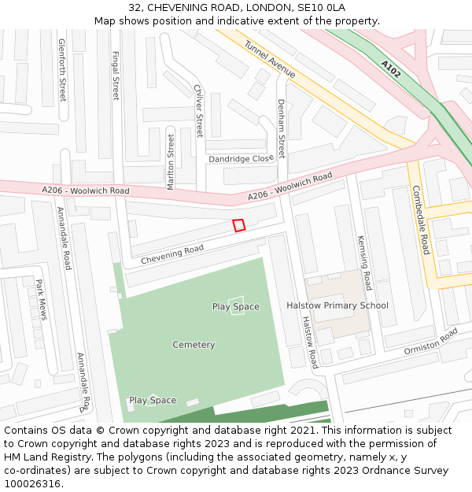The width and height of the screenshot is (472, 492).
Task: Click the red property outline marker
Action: click(239, 225)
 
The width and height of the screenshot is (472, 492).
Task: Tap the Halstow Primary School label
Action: click(337, 305)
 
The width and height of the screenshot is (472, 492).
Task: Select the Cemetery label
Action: click(194, 345)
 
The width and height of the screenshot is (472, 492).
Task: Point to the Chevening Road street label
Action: click(172, 254)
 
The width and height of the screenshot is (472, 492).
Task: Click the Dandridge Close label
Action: click(241, 159)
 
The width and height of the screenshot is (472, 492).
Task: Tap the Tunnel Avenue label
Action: click(270, 59)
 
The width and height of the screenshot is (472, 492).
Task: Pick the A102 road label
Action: click(391, 69)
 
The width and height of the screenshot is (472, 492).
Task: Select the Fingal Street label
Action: click(116, 76)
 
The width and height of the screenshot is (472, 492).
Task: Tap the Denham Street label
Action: click(281, 128)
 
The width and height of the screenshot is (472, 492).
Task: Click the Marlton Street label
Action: click(171, 161)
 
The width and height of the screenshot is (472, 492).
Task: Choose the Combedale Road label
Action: click(421, 220)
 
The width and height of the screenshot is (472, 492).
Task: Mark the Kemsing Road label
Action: click(363, 262)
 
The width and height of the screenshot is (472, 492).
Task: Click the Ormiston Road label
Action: click(430, 342)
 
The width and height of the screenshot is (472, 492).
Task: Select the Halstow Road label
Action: click(310, 342)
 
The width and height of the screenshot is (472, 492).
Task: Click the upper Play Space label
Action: click(235, 306)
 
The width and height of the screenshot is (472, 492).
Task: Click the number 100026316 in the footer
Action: click(31, 484)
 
